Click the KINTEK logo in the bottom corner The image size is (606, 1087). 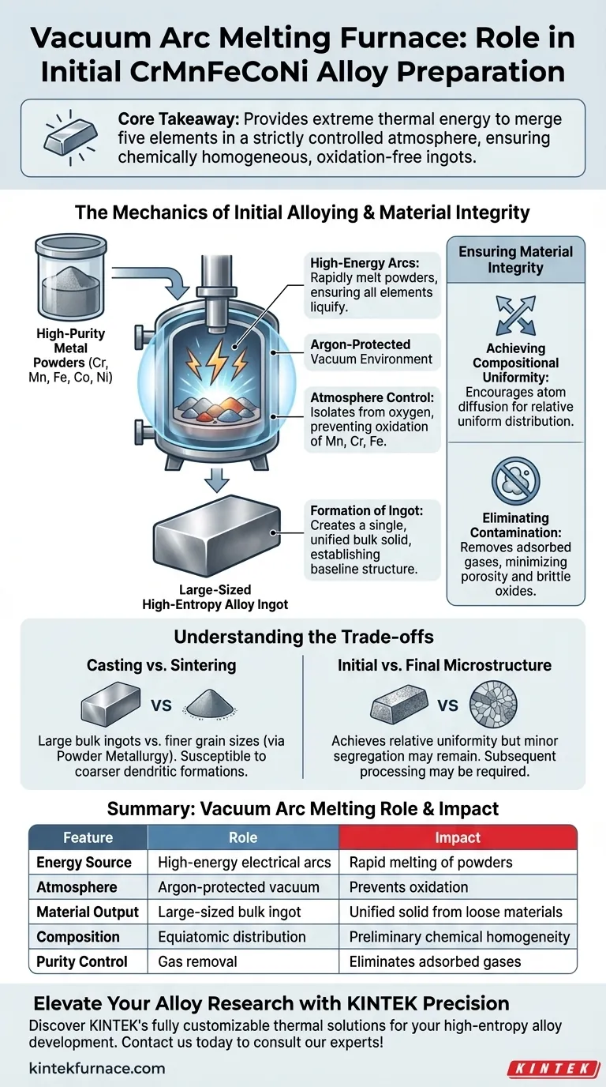554,1068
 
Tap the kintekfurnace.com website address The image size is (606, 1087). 97,1067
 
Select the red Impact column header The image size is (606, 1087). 458,837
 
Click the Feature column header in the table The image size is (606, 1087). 88,837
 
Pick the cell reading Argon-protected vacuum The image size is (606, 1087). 238,887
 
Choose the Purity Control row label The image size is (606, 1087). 82,961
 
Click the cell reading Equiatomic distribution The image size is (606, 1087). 232,937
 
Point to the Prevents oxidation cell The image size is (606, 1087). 409,887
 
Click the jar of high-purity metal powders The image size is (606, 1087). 71,276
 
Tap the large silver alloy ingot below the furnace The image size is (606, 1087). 217,536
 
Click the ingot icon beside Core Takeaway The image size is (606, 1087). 70,137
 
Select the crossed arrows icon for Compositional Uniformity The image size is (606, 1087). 516,315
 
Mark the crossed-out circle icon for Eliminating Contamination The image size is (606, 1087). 516,481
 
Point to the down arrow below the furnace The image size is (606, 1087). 217,480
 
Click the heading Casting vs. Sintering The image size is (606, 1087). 162,665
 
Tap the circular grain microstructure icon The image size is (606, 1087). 493,704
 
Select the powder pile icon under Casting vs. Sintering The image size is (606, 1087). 211,705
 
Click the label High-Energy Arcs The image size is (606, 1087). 365,263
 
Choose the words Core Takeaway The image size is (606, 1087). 178,119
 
